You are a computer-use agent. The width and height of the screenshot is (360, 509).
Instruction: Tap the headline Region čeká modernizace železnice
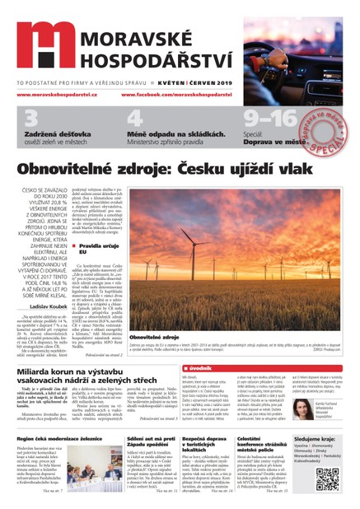click(66, 441)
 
